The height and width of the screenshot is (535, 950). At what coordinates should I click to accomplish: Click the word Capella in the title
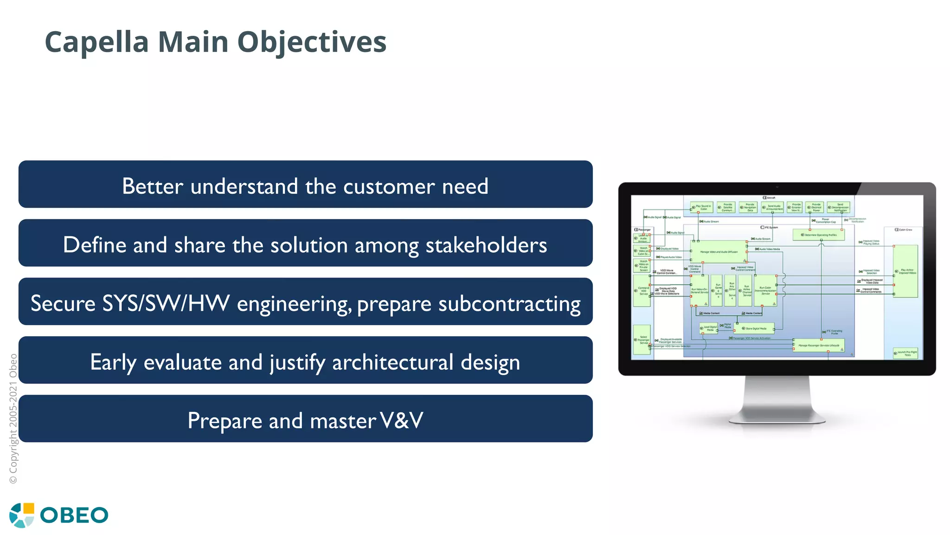pos(96,42)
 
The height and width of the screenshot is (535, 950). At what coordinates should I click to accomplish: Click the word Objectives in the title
pos(312,42)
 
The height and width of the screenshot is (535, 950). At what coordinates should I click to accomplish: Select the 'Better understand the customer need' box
pos(305,185)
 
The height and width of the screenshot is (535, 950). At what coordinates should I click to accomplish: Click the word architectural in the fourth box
pos(392,362)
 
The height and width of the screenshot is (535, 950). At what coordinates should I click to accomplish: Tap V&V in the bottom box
pos(401,420)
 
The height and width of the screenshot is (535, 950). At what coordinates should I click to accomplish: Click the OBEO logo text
pos(74,515)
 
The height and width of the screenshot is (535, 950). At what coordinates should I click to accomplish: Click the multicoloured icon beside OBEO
pos(22,515)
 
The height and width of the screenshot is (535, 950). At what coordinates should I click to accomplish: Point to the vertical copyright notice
pos(13,418)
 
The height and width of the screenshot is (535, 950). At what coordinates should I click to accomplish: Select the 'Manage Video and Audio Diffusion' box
pos(719,251)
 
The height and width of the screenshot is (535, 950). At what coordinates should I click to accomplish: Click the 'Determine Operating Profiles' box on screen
pos(818,235)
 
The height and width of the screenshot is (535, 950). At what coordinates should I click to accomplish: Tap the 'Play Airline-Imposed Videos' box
pos(905,272)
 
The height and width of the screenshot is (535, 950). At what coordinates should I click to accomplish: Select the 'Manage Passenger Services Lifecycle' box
pos(818,346)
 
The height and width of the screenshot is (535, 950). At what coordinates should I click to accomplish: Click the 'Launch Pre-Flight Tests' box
pos(905,353)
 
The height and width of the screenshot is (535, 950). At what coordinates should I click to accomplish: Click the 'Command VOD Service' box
pos(642,291)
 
